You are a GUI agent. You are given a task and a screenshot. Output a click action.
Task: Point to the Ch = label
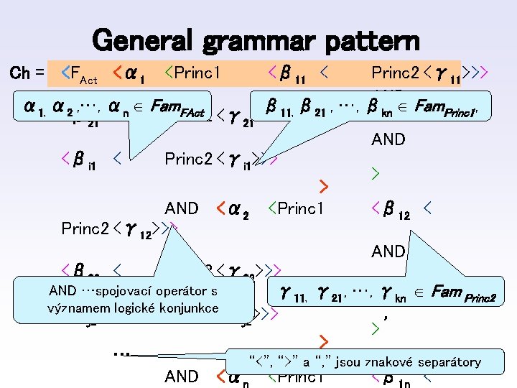(x=29, y=73)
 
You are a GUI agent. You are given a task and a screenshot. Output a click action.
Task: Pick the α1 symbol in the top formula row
(x=136, y=73)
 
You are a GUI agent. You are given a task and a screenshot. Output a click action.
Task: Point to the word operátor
(x=180, y=291)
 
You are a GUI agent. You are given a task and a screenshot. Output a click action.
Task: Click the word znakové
(x=380, y=361)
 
